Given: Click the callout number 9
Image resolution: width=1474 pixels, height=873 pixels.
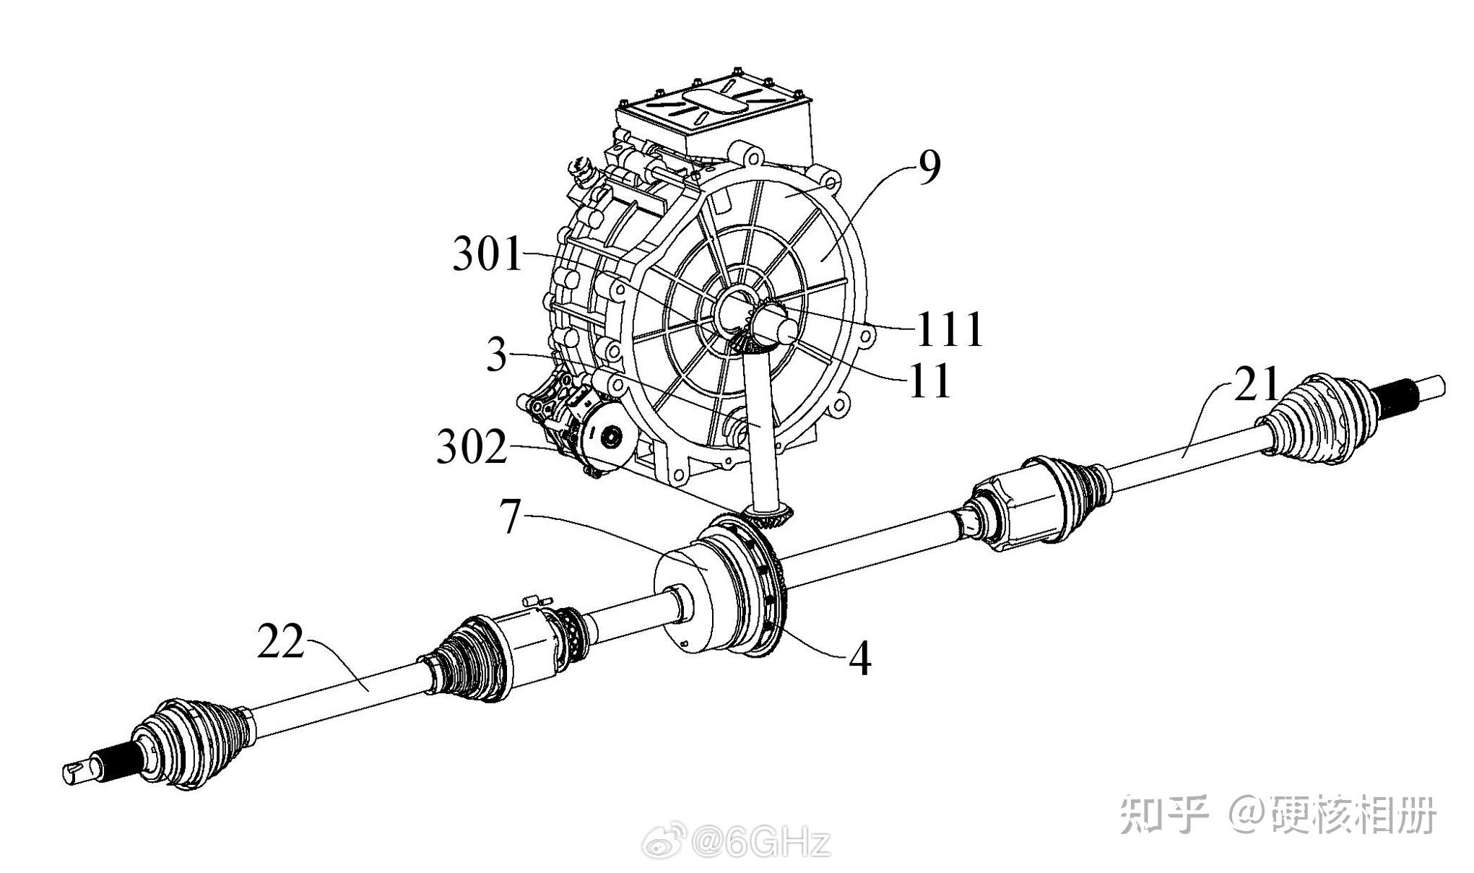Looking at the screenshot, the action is click(x=929, y=168).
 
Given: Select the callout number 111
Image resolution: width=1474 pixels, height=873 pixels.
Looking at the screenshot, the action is click(x=950, y=330).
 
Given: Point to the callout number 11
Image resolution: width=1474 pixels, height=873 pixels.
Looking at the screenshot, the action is click(x=930, y=380).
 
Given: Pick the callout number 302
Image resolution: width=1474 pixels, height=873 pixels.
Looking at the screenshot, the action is click(x=472, y=448).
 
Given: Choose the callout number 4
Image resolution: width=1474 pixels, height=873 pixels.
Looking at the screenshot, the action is click(x=859, y=659).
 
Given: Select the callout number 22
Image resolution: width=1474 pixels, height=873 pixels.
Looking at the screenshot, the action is click(x=282, y=641).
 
